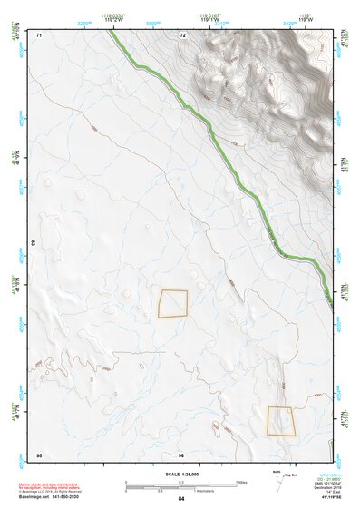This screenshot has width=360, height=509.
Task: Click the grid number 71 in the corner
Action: pos(40,34)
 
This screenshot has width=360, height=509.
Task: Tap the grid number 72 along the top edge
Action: pos(182,34)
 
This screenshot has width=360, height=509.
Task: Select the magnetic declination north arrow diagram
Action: pos(277,482)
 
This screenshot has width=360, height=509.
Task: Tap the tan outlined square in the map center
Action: pos(173,303)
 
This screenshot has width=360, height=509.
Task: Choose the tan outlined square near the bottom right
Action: pos(281,421)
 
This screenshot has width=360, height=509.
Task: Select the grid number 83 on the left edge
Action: pos(33,243)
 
